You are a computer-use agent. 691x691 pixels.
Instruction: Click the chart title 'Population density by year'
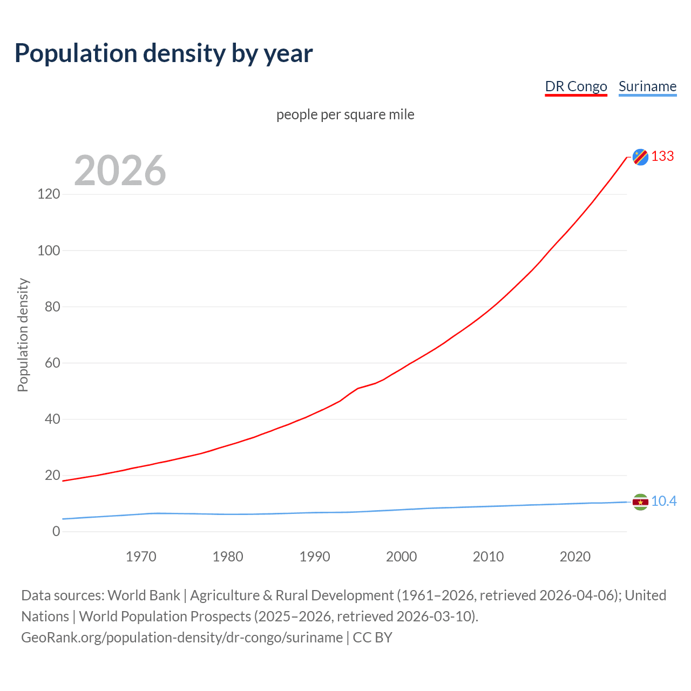coord(164,53)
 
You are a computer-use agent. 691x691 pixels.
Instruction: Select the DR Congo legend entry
coord(576,86)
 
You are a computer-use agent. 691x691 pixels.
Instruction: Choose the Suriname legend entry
coord(647,86)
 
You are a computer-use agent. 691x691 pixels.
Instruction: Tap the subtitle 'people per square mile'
coord(345,114)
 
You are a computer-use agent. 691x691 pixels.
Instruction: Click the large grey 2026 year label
coord(120,171)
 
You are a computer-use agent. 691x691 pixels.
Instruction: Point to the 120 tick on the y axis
coord(49,194)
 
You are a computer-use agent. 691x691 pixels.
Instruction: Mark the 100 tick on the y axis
coord(49,250)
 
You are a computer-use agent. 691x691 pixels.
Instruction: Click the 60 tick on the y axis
coord(52,363)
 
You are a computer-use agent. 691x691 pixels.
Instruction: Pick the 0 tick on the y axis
coord(56,531)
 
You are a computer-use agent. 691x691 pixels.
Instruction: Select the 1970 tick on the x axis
coord(141,557)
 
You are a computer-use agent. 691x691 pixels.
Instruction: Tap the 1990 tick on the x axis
coord(315,557)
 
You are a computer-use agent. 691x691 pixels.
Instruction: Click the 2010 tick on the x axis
coord(488,557)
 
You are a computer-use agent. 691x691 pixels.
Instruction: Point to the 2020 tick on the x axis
coord(575,557)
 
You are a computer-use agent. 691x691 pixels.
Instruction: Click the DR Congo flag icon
coord(640,157)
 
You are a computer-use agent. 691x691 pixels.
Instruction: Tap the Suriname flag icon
coord(640,502)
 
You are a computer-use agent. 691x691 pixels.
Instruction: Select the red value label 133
coord(662,156)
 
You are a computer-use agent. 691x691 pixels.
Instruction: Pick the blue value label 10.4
coord(663,502)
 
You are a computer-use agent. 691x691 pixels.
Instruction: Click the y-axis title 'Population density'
coord(23,335)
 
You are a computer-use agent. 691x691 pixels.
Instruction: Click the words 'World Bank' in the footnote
coord(144,595)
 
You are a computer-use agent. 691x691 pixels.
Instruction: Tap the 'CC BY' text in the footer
coord(372,638)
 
